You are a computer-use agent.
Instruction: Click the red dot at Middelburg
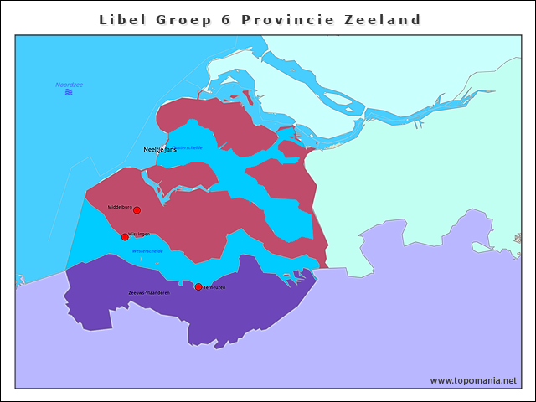coord(137,210)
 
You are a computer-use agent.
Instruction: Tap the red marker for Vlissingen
coord(125,237)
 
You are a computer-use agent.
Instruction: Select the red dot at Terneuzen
coord(198,287)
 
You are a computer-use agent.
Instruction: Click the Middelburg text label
coord(120,207)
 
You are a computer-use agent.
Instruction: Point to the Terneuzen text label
coord(214,287)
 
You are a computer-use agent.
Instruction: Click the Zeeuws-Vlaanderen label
coord(149,293)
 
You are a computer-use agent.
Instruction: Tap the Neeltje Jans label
coord(160,150)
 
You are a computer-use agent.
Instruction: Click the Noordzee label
coord(69,85)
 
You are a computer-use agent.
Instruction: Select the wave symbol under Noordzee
coord(69,92)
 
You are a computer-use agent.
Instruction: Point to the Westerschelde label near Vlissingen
coord(147,250)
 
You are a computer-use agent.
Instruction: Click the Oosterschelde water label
coord(189,147)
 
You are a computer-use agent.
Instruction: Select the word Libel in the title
coord(121,19)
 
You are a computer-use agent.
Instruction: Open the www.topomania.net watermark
coord(473,380)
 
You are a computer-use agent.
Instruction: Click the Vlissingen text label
coord(139,234)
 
